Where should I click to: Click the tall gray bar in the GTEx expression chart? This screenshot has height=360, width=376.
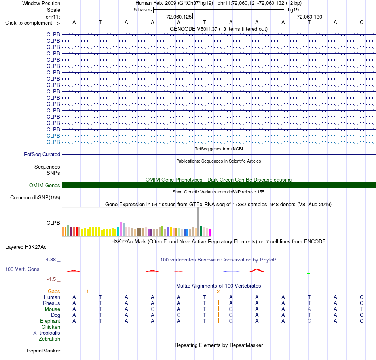(x=198, y=222)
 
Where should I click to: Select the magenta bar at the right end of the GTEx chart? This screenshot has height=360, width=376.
(x=210, y=233)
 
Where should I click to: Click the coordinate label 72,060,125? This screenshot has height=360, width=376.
(x=179, y=17)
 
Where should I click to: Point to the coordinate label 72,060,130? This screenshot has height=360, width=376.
(x=310, y=17)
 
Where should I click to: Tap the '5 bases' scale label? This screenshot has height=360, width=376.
(x=142, y=10)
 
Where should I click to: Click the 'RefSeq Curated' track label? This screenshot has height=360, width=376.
(x=42, y=154)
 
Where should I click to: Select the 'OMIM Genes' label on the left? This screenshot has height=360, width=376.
(x=45, y=185)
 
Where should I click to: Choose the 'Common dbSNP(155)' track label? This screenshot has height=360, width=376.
(x=35, y=197)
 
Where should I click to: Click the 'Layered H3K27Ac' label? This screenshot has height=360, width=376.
(x=26, y=247)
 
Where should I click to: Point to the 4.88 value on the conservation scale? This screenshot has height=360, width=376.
(x=51, y=260)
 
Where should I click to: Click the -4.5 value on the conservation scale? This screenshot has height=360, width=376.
(x=51, y=279)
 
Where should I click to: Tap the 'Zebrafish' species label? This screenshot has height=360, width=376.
(x=49, y=339)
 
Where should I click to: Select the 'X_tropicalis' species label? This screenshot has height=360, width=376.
(x=47, y=333)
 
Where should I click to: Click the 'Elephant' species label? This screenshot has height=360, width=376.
(x=50, y=321)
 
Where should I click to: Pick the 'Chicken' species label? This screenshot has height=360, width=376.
(x=51, y=327)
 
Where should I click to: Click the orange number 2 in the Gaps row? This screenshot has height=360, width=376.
(x=218, y=292)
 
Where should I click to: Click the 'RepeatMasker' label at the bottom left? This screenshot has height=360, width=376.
(x=44, y=351)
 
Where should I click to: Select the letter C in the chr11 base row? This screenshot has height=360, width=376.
(x=362, y=22)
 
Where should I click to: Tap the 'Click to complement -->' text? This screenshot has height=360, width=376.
(x=32, y=23)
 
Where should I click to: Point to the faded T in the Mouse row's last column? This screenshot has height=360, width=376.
(x=362, y=309)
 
